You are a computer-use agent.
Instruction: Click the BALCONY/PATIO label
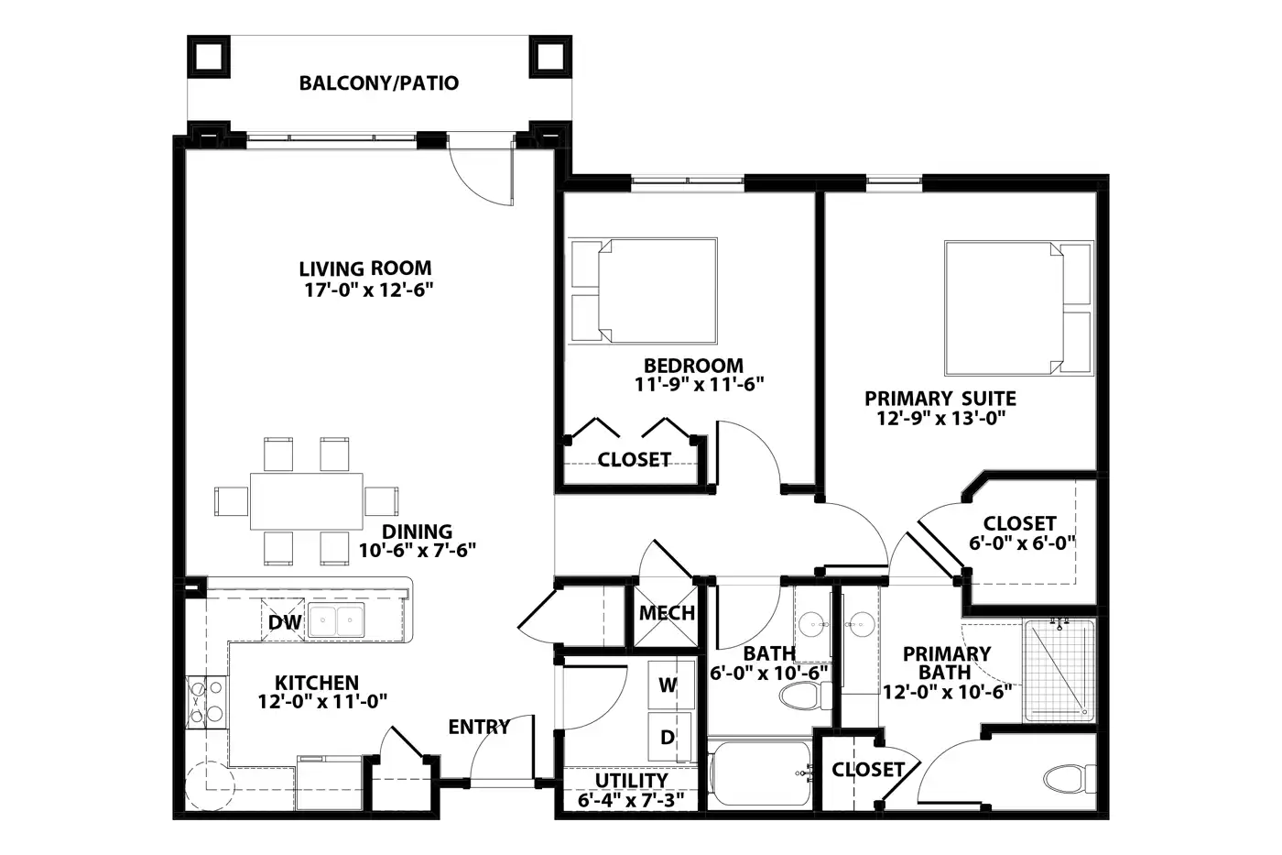point(379,83)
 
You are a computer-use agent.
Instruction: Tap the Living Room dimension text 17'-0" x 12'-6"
point(368,290)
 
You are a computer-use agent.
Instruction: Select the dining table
point(306,501)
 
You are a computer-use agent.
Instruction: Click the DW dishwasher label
point(285,622)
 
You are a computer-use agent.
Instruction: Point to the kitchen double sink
point(337,620)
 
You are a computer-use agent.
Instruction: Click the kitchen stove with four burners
point(207,702)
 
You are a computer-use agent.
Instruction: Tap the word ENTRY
point(479,727)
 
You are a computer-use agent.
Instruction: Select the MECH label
point(667,613)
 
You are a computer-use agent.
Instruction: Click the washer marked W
point(670,685)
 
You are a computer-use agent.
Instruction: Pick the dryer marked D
point(669,737)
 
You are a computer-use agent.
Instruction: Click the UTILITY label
point(631,781)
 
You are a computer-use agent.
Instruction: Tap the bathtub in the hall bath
point(760,773)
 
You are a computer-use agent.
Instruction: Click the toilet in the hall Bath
point(806,696)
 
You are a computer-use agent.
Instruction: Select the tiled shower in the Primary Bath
point(1059,671)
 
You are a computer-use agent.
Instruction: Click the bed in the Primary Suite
point(1018,308)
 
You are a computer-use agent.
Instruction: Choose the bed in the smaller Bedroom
point(642,290)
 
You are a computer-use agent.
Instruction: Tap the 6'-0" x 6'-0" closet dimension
point(1022,543)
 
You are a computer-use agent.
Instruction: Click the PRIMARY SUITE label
point(940,399)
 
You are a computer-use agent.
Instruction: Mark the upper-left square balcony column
point(209,57)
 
